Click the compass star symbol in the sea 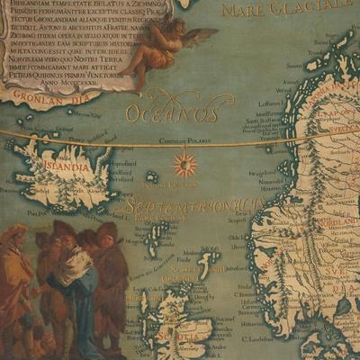184,165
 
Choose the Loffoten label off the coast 271,104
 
